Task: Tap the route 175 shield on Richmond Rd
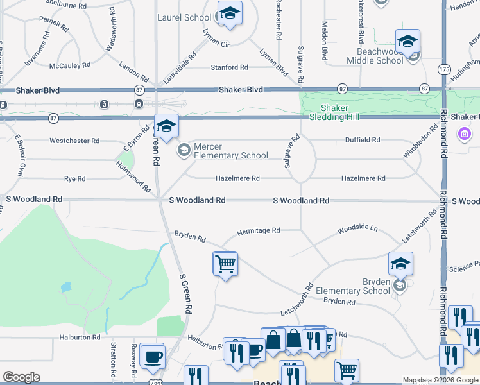pyautogui.click(x=445, y=69)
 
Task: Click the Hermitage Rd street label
pyautogui.click(x=259, y=230)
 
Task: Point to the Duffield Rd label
pyautogui.click(x=363, y=139)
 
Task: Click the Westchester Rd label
pyautogui.click(x=75, y=141)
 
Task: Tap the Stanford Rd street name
pyautogui.click(x=230, y=67)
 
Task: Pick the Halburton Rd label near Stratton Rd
pyautogui.click(x=79, y=337)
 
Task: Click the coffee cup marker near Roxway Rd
pyautogui.click(x=152, y=355)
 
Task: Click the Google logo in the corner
pyautogui.click(x=21, y=377)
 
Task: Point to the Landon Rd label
pyautogui.click(x=134, y=67)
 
